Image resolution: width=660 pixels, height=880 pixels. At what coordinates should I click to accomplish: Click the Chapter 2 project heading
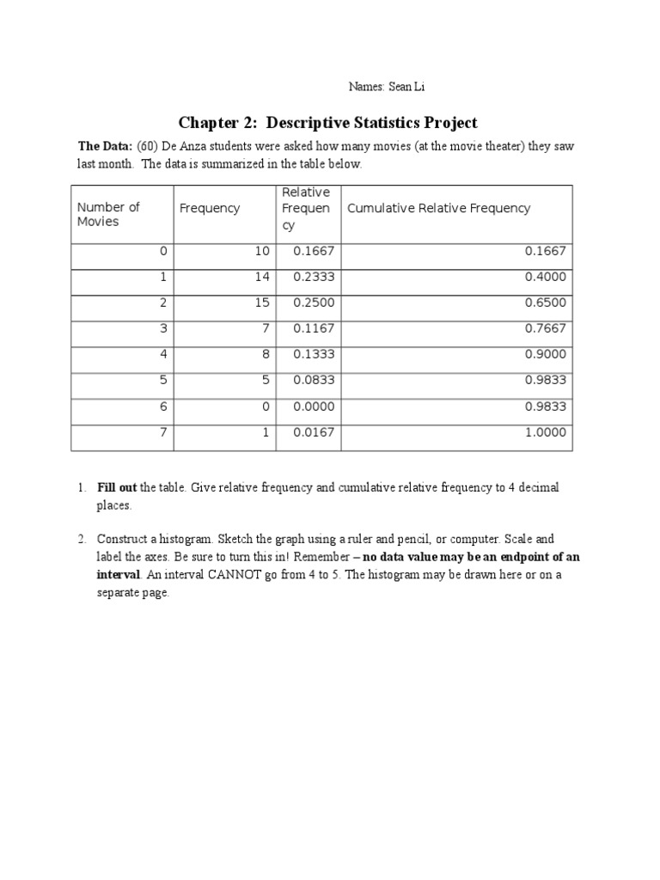click(x=327, y=123)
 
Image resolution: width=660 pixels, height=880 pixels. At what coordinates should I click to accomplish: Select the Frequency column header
click(x=210, y=208)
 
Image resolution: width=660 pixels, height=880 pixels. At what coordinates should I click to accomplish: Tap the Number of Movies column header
click(x=108, y=214)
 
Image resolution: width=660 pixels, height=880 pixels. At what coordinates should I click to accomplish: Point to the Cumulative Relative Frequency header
click(x=438, y=208)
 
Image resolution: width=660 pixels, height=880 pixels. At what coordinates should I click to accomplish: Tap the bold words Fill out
click(x=116, y=488)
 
